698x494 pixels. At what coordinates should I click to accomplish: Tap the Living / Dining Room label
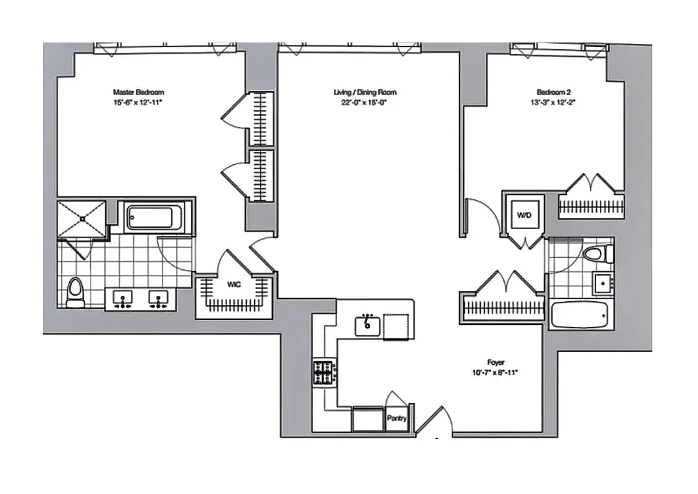(365, 92)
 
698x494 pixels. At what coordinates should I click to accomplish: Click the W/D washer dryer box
(524, 216)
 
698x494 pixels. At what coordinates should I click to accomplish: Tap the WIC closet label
(234, 285)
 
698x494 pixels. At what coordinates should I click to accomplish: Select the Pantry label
(397, 418)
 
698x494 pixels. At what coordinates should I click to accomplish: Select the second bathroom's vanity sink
(602, 284)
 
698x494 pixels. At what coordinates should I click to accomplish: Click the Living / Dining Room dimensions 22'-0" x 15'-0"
(365, 103)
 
